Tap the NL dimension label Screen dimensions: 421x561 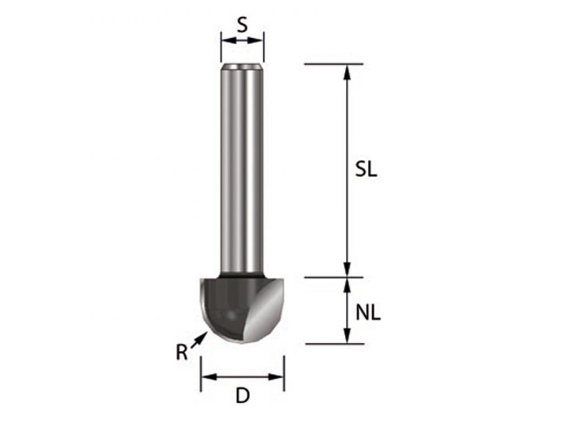368,313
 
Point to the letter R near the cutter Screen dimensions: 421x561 182,353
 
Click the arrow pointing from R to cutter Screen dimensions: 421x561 200,339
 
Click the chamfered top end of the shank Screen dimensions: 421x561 242,67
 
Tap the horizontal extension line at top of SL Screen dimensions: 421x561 324,64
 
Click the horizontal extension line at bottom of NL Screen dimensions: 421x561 324,344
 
